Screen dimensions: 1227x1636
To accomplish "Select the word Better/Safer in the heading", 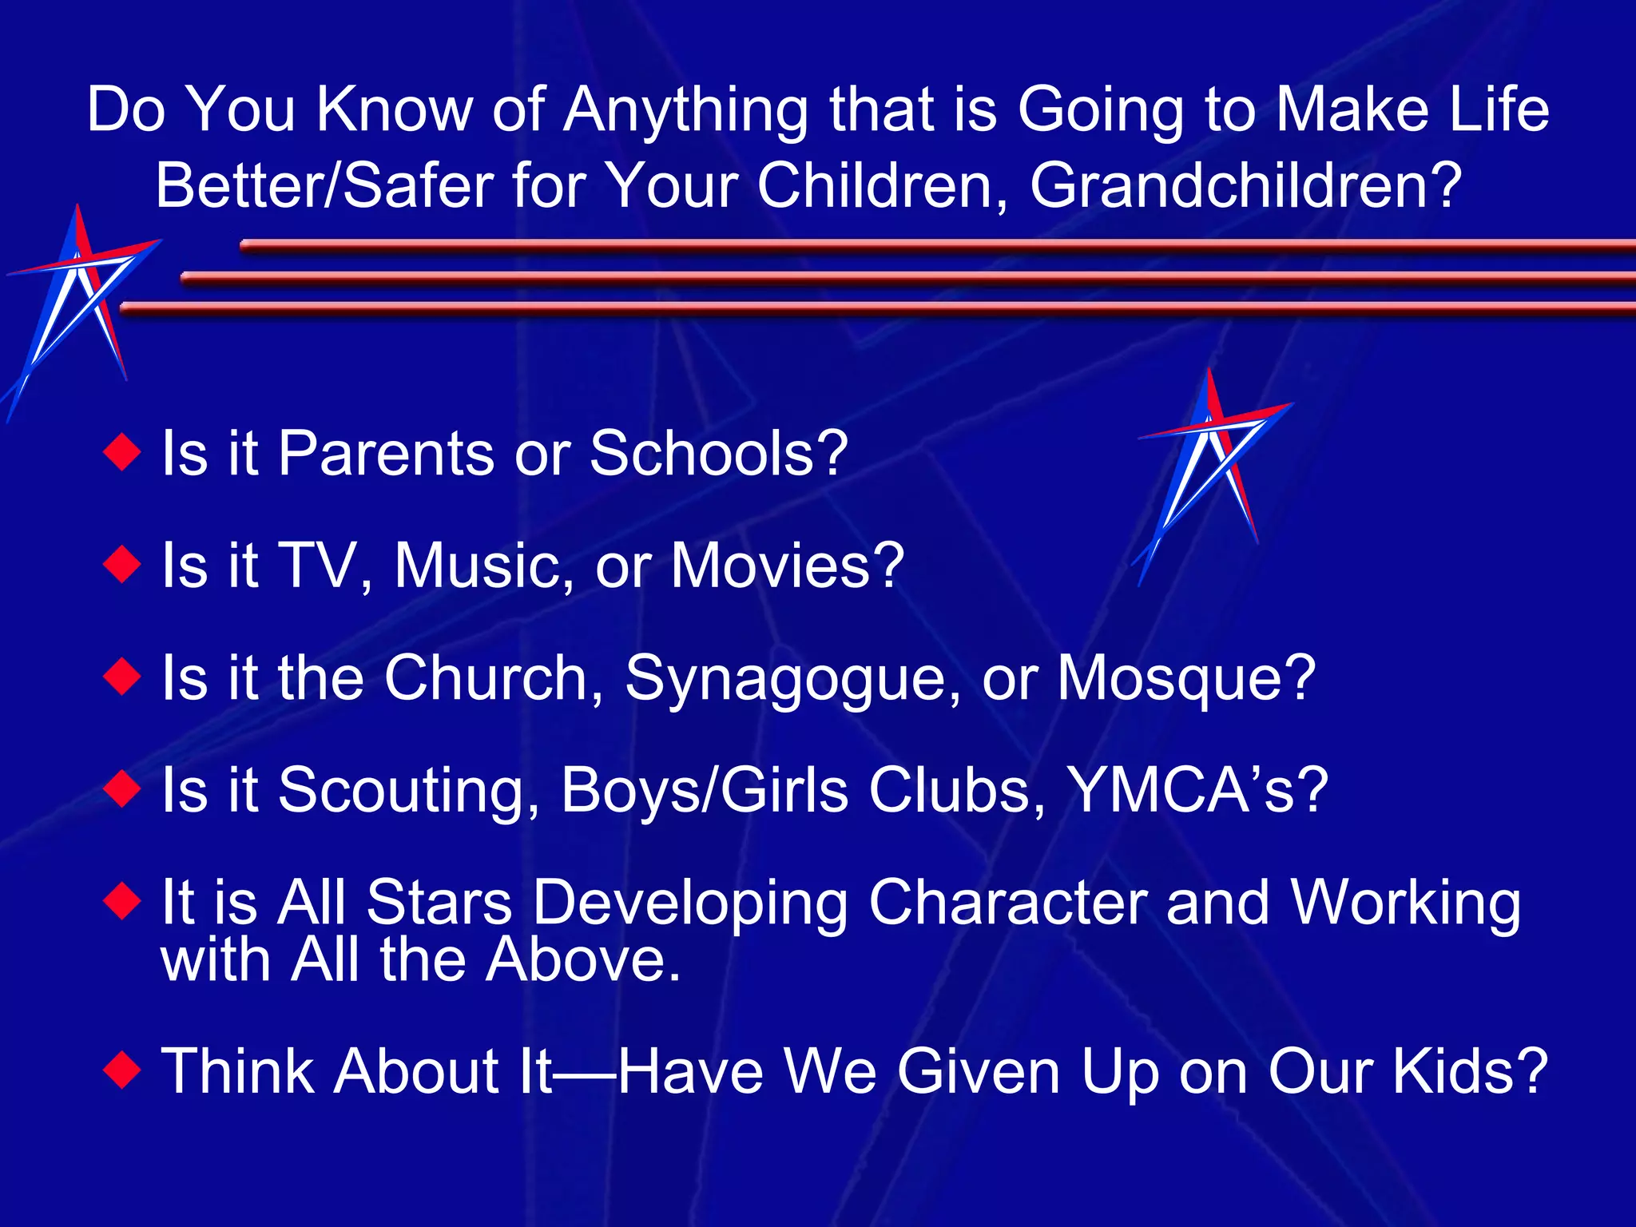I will [x=324, y=186].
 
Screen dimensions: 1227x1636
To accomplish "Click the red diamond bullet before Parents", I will [x=122, y=453].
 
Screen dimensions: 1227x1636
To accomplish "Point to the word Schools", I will [x=718, y=453].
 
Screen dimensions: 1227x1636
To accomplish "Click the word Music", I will [x=483, y=565].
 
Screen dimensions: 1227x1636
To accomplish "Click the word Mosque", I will [x=1185, y=678].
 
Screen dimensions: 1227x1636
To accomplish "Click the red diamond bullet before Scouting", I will [x=122, y=790].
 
